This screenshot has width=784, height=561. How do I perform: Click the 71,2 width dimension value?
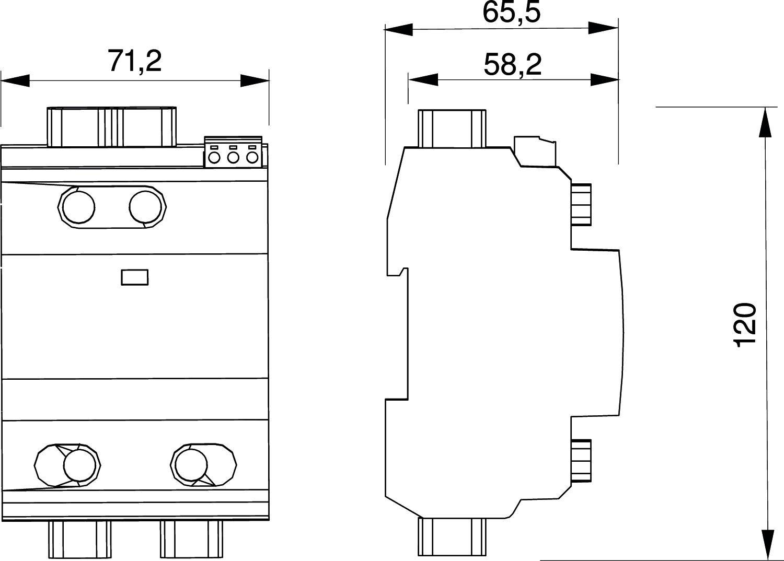pos(135,61)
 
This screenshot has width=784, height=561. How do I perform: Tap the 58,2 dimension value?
pos(512,65)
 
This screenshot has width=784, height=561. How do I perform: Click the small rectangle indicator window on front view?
pos(135,277)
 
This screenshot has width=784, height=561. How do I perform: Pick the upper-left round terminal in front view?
pos(78,207)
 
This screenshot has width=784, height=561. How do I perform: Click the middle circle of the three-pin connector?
pos(234,157)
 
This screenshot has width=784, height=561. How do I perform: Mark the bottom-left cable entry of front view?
pos(80,538)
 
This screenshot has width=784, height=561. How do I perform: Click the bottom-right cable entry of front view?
pos(192,538)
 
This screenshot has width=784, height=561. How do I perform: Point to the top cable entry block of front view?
pos(111,127)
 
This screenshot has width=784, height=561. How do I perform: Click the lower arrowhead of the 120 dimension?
pos(766,543)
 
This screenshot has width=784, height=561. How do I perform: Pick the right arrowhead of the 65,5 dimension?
pos(604,28)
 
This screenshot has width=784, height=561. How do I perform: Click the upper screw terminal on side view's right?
pos(581,204)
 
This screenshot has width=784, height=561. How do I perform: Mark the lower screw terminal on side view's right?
pos(581,460)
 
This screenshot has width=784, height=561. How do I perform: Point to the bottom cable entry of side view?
pos(452,536)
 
